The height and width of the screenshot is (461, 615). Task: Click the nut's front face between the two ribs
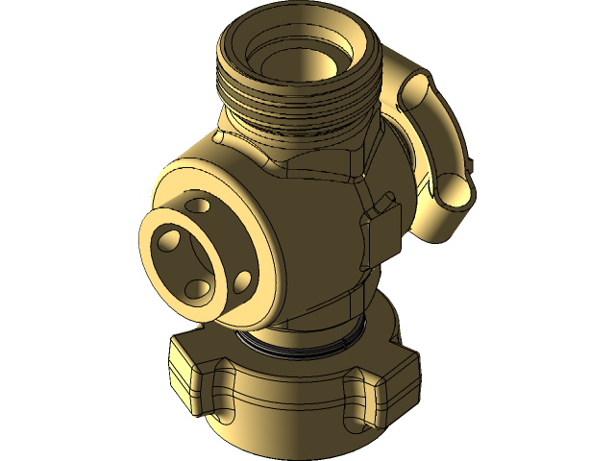click(288, 413)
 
